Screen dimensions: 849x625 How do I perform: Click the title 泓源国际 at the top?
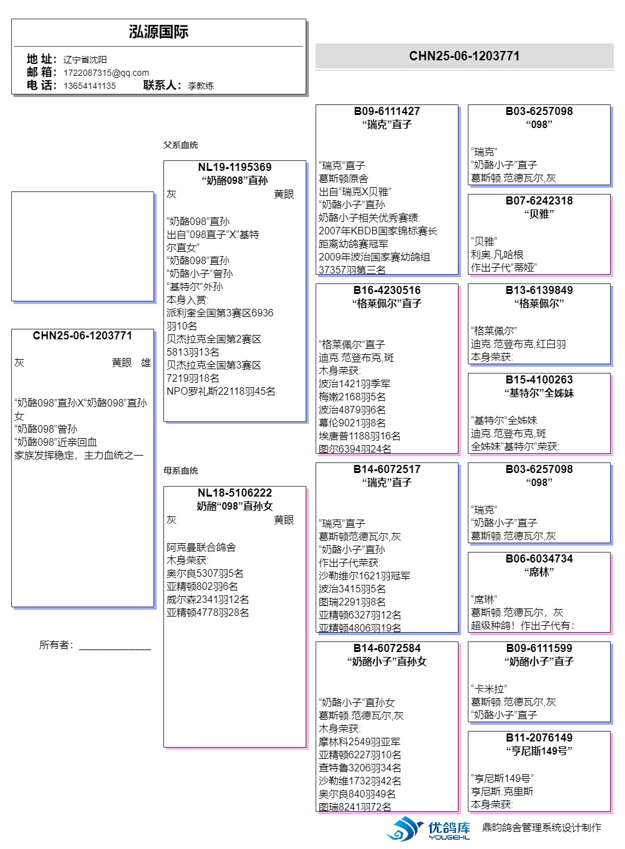pos(158,32)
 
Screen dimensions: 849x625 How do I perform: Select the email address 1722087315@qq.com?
pos(106,73)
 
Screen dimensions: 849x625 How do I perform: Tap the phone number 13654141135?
pos(89,86)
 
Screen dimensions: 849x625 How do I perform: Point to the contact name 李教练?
pos(201,86)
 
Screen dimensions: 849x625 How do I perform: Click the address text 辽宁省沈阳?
pos(85,60)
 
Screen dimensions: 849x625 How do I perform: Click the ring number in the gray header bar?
pos(464,56)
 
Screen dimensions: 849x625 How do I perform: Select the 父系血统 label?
pos(181,145)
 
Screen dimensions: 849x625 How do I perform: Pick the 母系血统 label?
pos(181,470)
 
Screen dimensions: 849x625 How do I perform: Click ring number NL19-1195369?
pos(235,167)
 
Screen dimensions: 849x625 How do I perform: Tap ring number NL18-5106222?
pos(235,493)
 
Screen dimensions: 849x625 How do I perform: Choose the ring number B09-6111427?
pos(387,111)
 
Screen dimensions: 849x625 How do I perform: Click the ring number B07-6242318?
pos(539,201)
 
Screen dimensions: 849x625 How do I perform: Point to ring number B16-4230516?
pos(387,290)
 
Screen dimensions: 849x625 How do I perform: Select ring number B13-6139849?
pos(539,290)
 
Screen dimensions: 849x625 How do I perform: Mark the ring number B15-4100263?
pos(539,380)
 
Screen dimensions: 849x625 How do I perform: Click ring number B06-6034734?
pos(539,559)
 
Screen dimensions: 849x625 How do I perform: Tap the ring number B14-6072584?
pos(387,648)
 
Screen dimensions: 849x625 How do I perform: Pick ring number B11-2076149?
pos(539,738)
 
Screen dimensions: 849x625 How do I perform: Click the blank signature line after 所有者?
pos(115,646)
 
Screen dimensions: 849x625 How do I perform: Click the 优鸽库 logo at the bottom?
pos(429,828)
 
